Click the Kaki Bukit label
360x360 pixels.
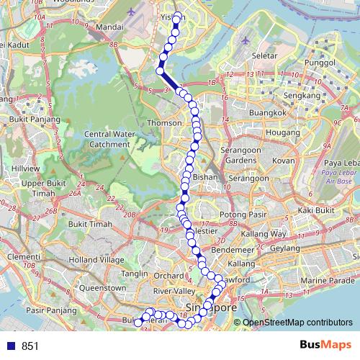pyautogui.click(x=317, y=210)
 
